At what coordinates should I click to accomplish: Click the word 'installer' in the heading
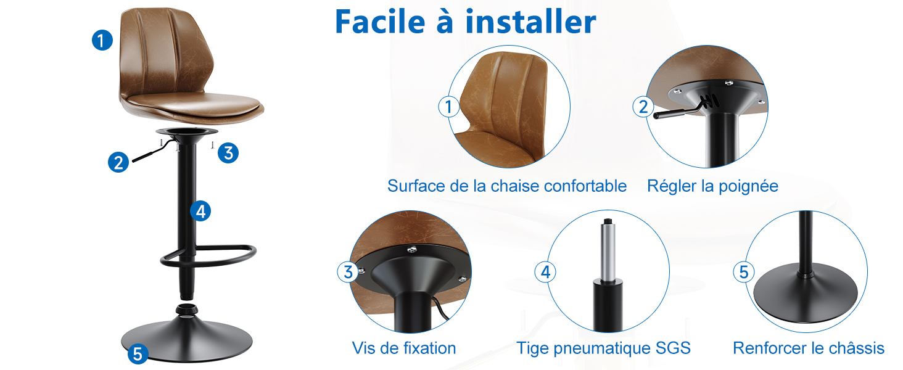(530, 22)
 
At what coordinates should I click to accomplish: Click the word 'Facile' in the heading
(380, 22)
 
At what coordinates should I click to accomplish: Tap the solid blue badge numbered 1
(102, 40)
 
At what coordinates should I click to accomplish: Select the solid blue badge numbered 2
(118, 162)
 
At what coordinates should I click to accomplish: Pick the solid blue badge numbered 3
(228, 153)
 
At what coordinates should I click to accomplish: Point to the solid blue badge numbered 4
(200, 211)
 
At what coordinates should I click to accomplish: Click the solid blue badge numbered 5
(138, 354)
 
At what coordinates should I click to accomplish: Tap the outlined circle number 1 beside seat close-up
(449, 107)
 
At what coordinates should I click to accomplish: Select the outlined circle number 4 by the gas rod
(545, 272)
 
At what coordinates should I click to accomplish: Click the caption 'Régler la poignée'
(712, 187)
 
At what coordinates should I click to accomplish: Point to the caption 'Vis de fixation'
(404, 348)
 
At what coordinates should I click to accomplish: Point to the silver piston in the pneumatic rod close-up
(608, 251)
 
